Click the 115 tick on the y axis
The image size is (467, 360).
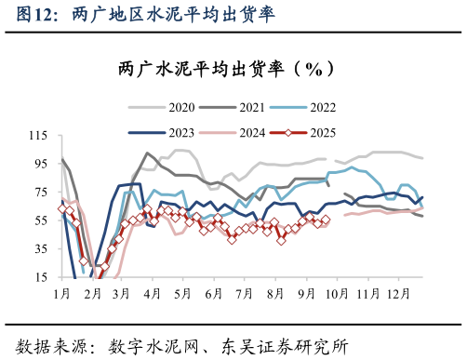[37, 136]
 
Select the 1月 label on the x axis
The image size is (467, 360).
[62, 294]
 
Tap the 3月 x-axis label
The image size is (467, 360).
[122, 294]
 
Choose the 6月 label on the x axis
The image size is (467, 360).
[212, 294]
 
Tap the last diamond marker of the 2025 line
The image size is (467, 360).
[326, 220]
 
